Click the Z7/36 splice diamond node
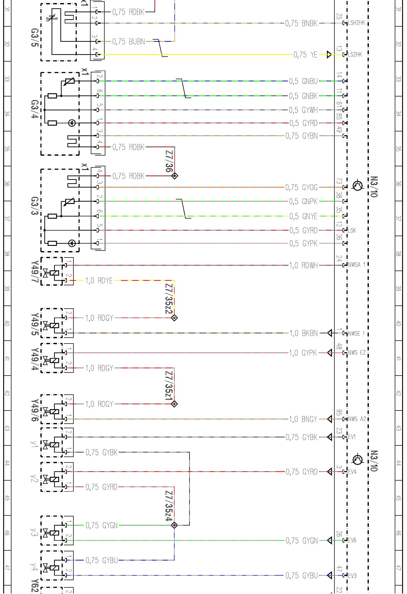pos(175,176)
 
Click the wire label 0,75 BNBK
pos(302,23)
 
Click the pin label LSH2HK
pos(357,23)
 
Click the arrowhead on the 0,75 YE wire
pos(329,55)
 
